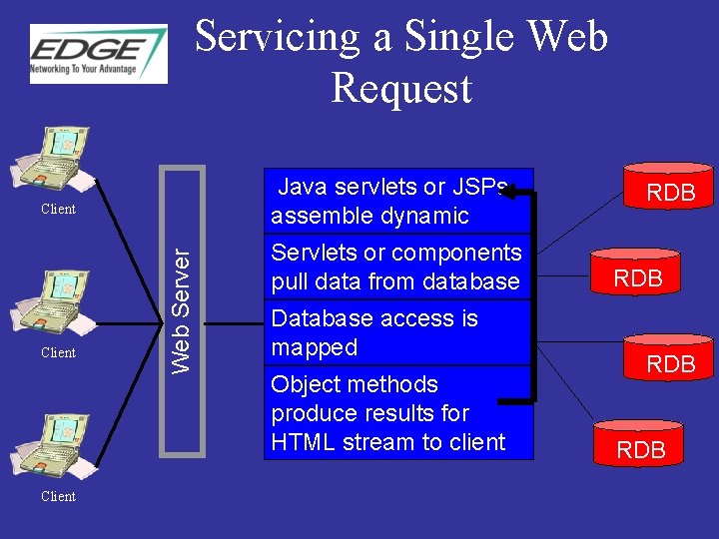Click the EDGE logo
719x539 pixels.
(x=98, y=54)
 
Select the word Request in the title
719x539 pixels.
(x=400, y=88)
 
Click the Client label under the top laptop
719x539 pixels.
(x=58, y=209)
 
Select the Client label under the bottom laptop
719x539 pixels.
(x=58, y=496)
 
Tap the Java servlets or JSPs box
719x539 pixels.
(x=398, y=201)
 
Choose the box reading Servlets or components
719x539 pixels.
(x=396, y=267)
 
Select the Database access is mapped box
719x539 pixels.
(x=396, y=332)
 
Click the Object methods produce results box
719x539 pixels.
(x=396, y=412)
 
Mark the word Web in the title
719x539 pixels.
(x=565, y=37)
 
